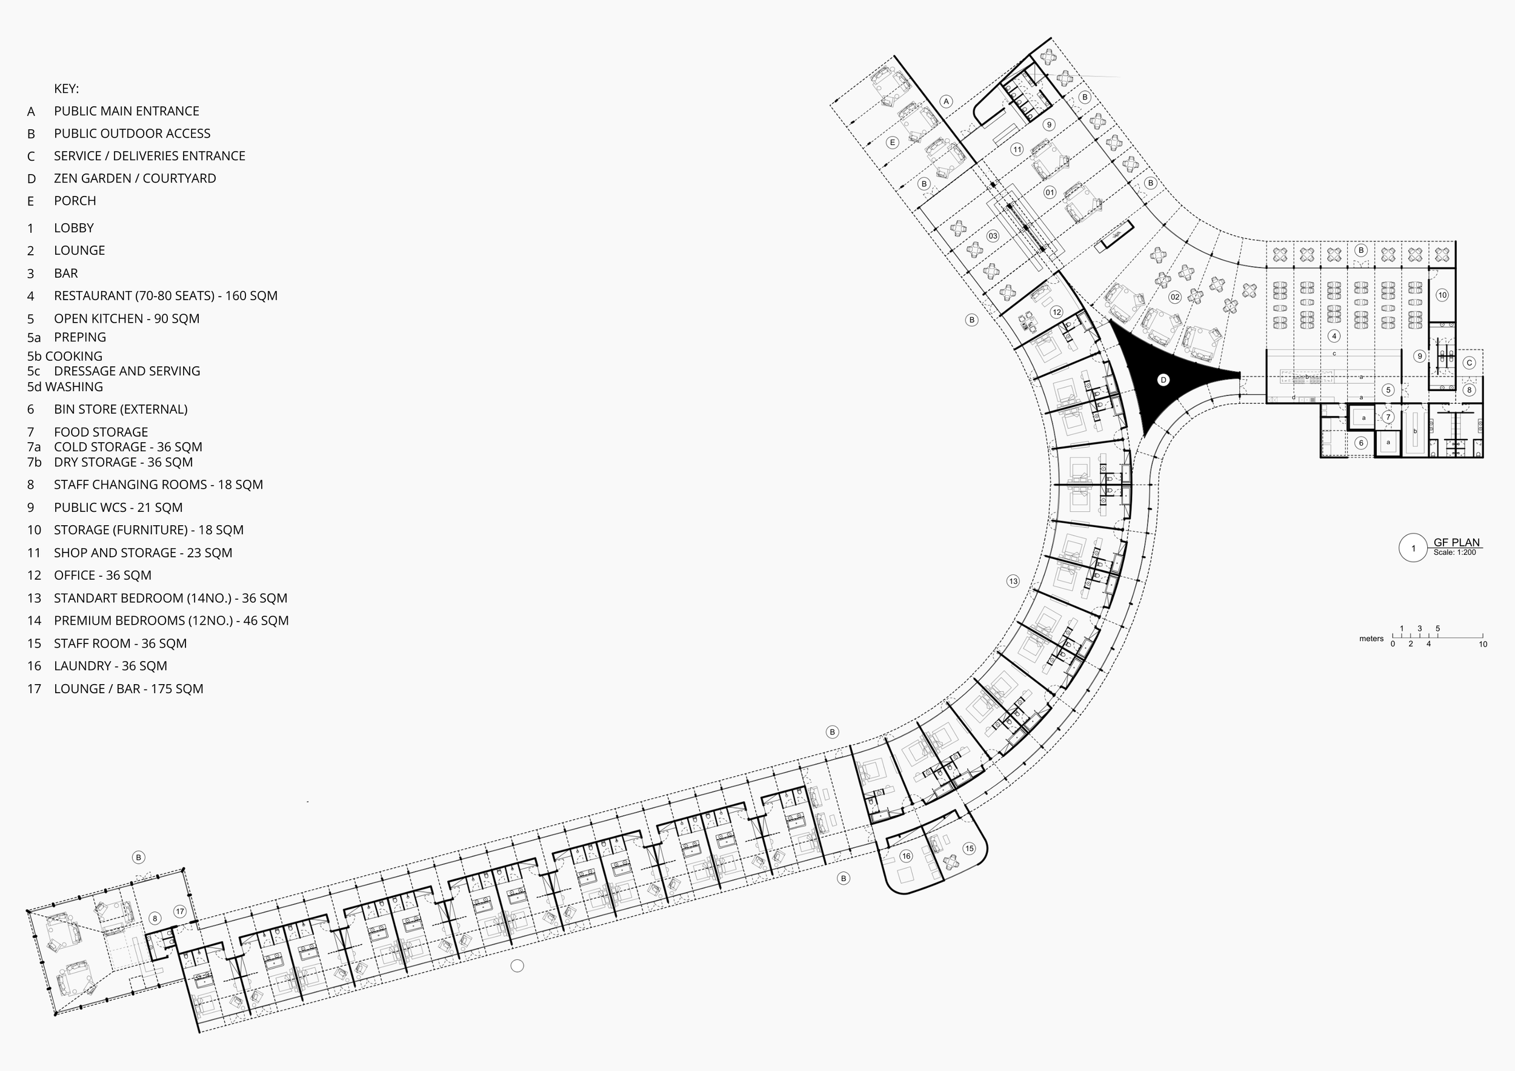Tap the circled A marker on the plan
[946, 102]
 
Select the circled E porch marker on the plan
[892, 142]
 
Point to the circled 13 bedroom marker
[1013, 581]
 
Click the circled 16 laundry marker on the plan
[906, 856]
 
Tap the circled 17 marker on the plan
[179, 912]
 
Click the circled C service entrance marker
[1469, 363]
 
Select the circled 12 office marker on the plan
[1056, 312]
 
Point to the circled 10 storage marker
[1442, 295]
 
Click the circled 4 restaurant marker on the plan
[1334, 335]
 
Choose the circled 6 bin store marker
[1360, 443]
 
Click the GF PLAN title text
[1456, 542]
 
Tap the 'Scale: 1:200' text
[1454, 552]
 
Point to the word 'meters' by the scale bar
[1371, 639]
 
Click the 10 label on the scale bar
[1483, 644]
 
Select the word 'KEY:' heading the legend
[66, 89]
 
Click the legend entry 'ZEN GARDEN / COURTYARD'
[135, 178]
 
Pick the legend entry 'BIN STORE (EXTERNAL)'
[121, 409]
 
